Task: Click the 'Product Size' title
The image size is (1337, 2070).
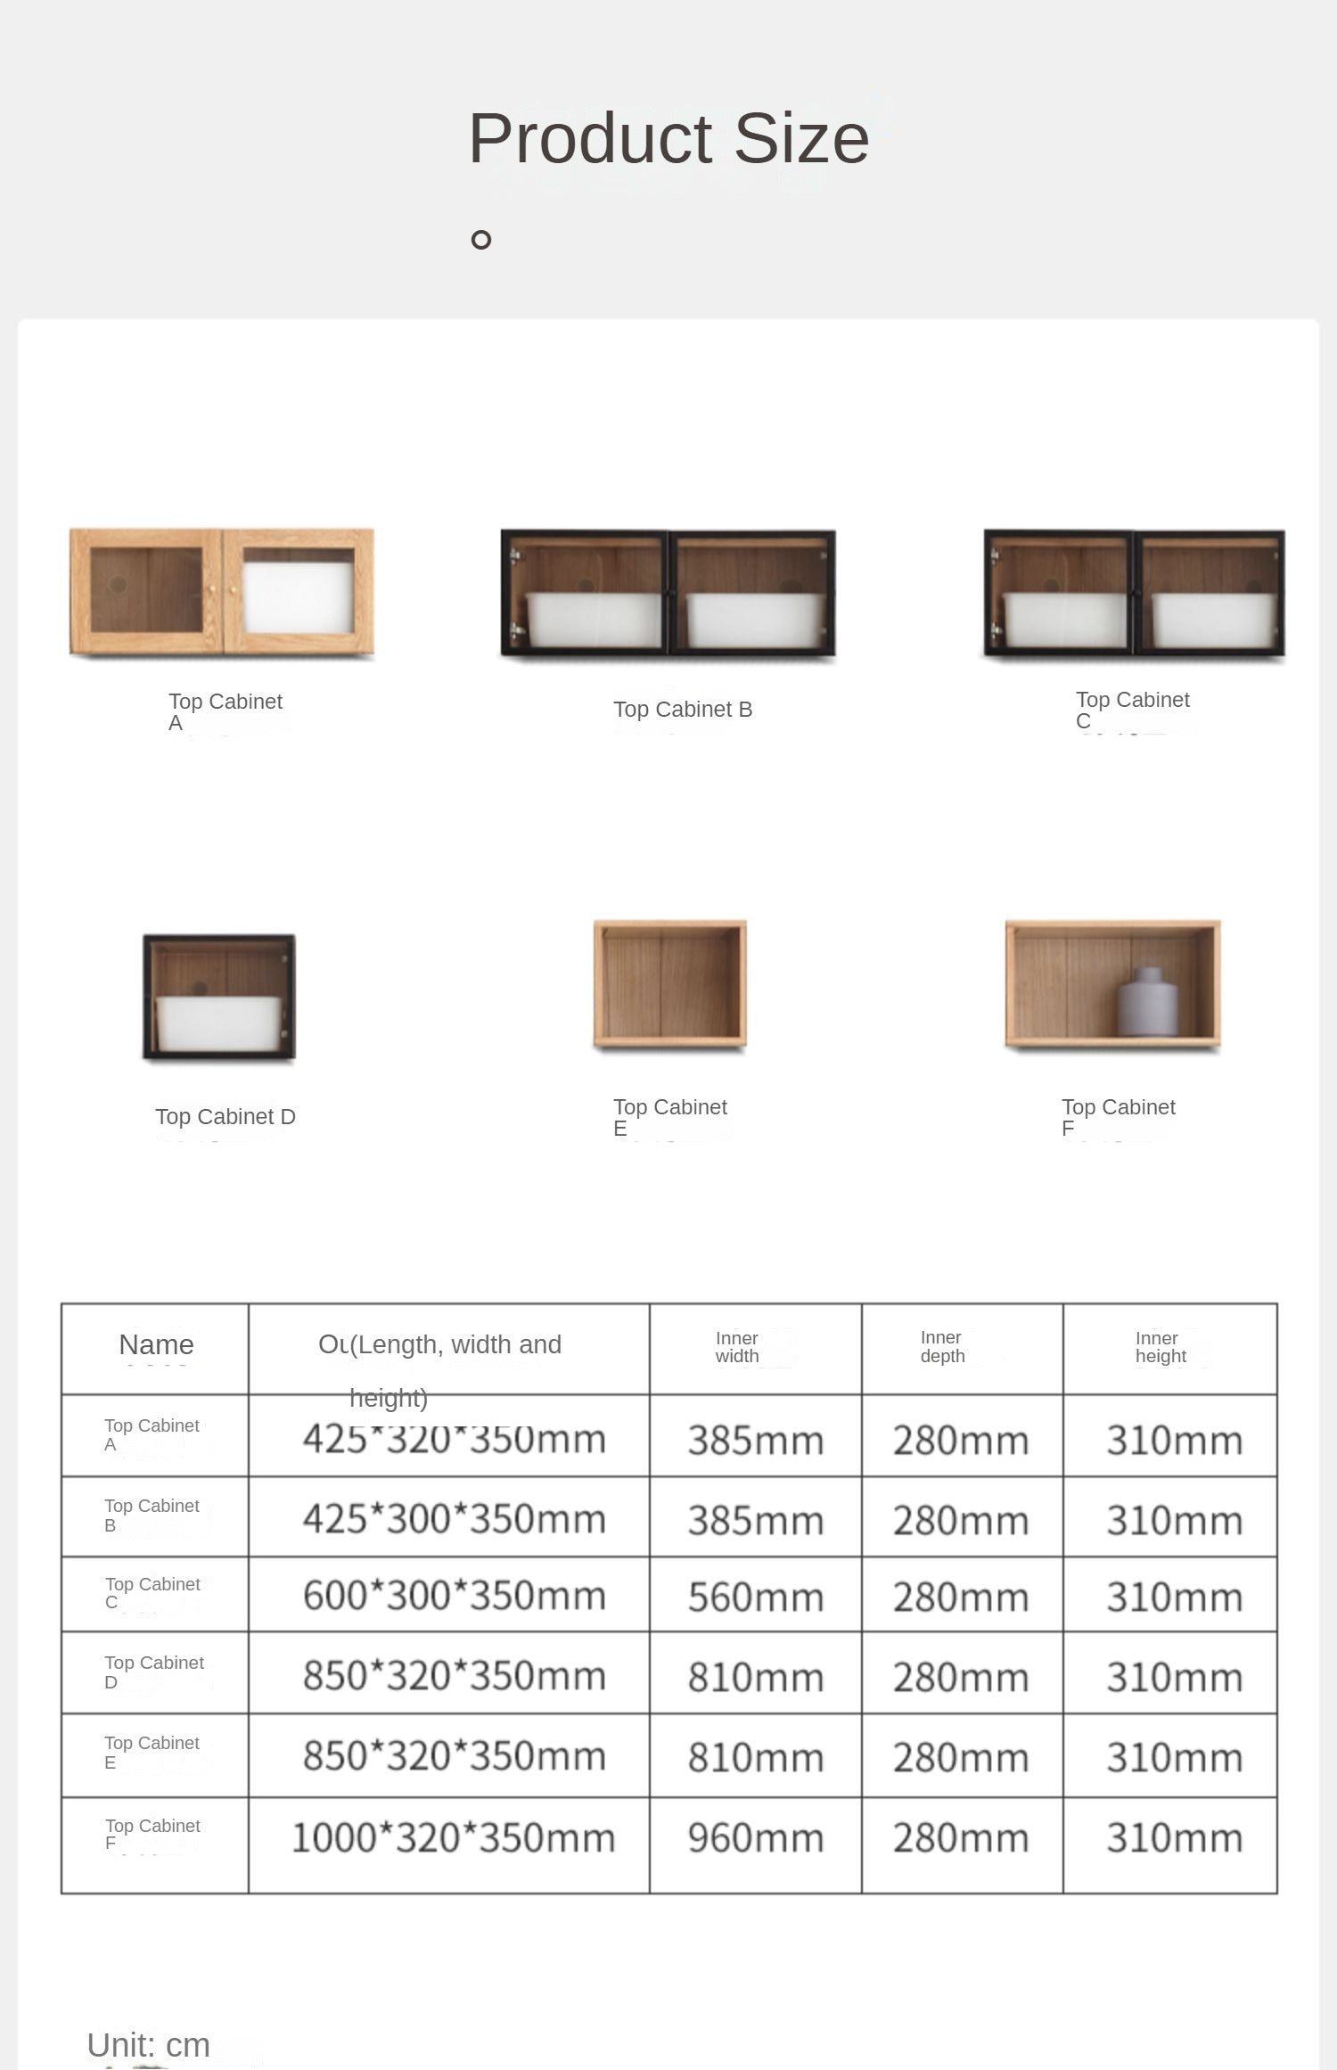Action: pyautogui.click(x=668, y=139)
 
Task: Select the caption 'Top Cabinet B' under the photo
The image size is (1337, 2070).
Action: pyautogui.click(x=683, y=710)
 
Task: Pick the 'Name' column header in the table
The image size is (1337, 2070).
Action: pyautogui.click(x=156, y=1344)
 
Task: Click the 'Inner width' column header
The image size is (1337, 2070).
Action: pyautogui.click(x=737, y=1347)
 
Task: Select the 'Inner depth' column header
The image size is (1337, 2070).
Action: pyautogui.click(x=942, y=1347)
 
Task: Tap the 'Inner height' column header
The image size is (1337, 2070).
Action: pyautogui.click(x=1161, y=1347)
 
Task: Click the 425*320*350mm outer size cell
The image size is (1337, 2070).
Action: pyautogui.click(x=454, y=1440)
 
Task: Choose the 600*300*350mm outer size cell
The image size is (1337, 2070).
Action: pyautogui.click(x=454, y=1596)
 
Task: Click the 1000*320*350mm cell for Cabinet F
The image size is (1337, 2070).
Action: pyautogui.click(x=454, y=1838)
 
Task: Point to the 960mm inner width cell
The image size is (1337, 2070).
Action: pyautogui.click(x=756, y=1838)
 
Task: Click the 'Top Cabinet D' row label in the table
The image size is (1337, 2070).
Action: pyautogui.click(x=153, y=1672)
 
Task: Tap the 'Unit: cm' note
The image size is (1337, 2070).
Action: pyautogui.click(x=149, y=2045)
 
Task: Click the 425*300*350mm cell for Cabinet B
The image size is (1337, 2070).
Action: pyautogui.click(x=454, y=1519)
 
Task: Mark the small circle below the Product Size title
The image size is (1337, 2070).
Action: pyautogui.click(x=481, y=240)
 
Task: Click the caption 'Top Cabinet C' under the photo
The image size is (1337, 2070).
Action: pyautogui.click(x=1132, y=710)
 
